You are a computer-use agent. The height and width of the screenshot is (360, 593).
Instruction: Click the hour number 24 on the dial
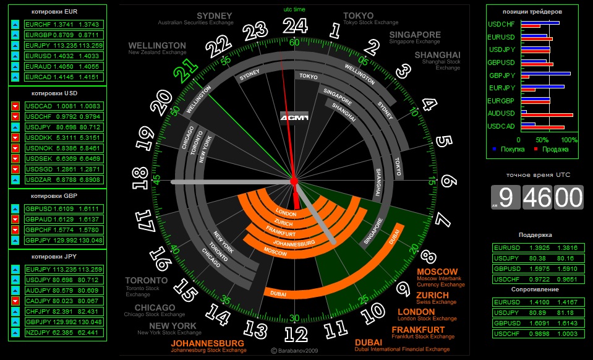(295, 25)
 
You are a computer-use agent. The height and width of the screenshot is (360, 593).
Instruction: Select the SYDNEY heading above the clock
(215, 15)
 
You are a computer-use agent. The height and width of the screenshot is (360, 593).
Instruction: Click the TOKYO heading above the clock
(358, 15)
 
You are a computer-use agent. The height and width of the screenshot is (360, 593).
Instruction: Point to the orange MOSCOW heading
(437, 272)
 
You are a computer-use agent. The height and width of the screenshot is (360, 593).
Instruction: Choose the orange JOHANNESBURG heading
(208, 343)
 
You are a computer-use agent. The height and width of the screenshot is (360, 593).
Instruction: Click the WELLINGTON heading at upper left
(157, 46)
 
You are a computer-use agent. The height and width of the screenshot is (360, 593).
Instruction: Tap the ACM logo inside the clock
(294, 118)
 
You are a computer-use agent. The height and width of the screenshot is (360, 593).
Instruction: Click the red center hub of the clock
(294, 181)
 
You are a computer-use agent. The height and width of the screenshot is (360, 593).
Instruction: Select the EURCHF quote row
(62, 24)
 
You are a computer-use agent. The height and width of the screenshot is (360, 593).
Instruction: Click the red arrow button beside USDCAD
(15, 106)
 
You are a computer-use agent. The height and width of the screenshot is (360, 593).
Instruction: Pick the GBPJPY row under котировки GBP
(62, 241)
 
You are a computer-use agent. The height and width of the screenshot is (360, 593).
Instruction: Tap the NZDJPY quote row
(62, 332)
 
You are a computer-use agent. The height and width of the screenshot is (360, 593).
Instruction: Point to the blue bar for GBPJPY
(545, 74)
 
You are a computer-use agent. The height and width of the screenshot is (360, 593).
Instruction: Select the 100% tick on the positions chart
(570, 140)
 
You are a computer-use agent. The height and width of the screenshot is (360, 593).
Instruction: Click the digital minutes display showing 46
(537, 197)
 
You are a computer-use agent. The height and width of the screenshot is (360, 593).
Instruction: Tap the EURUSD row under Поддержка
(538, 247)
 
